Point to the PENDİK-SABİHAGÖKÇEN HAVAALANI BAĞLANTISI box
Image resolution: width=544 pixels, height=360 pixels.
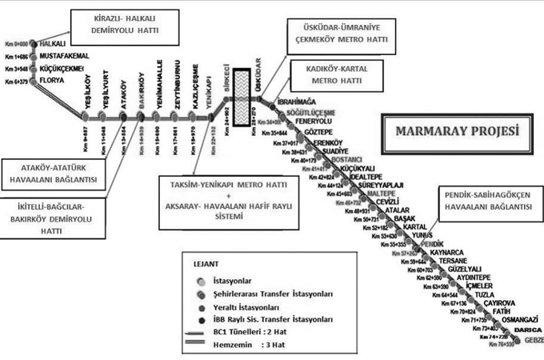click(480, 200)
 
